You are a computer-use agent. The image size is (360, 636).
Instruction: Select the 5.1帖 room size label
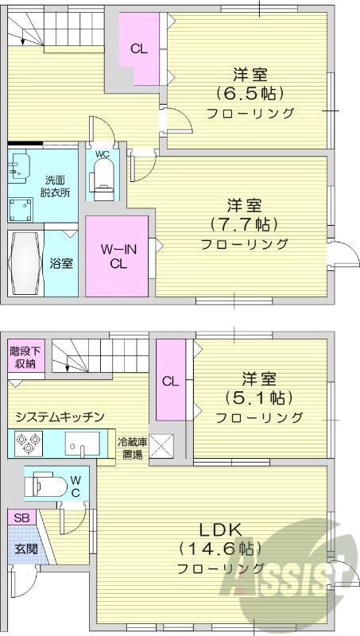259,397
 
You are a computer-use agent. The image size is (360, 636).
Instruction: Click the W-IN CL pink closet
118,257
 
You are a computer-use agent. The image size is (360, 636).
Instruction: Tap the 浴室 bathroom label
60,262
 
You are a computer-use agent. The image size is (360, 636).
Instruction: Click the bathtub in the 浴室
25,263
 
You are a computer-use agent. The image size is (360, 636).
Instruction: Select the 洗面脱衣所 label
56,186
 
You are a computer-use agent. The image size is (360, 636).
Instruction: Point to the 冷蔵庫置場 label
130,449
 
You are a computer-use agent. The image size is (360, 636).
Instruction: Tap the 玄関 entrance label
24,548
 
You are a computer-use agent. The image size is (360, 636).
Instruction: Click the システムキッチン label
60,416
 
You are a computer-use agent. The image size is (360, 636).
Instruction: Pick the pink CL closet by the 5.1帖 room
170,380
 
